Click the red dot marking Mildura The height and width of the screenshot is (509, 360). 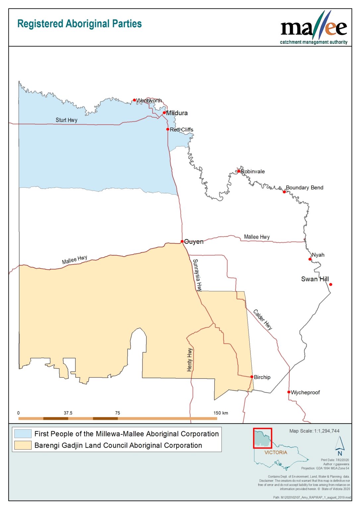click(164, 113)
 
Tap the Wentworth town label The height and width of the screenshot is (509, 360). click(149, 100)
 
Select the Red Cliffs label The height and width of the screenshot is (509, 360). click(181, 130)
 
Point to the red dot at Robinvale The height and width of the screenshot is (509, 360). click(239, 171)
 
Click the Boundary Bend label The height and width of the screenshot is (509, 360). click(304, 188)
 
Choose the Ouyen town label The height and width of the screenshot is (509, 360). click(194, 242)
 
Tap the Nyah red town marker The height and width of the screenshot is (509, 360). click(310, 259)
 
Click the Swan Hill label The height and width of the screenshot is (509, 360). click(315, 279)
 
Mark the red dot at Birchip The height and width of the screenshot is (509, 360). click(252, 377)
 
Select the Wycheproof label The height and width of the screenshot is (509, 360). click(305, 392)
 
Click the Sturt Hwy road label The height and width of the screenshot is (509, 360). click(66, 120)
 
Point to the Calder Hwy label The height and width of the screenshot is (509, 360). click(263, 319)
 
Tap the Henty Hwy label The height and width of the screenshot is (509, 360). click(190, 360)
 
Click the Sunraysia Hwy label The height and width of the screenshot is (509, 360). click(197, 275)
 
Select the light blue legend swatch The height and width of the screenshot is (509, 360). click(23, 434)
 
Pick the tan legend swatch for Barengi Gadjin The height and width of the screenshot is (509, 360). click(23, 445)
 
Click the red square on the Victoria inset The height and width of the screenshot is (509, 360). click(263, 438)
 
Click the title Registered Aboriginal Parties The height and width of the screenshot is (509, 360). click(79, 24)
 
